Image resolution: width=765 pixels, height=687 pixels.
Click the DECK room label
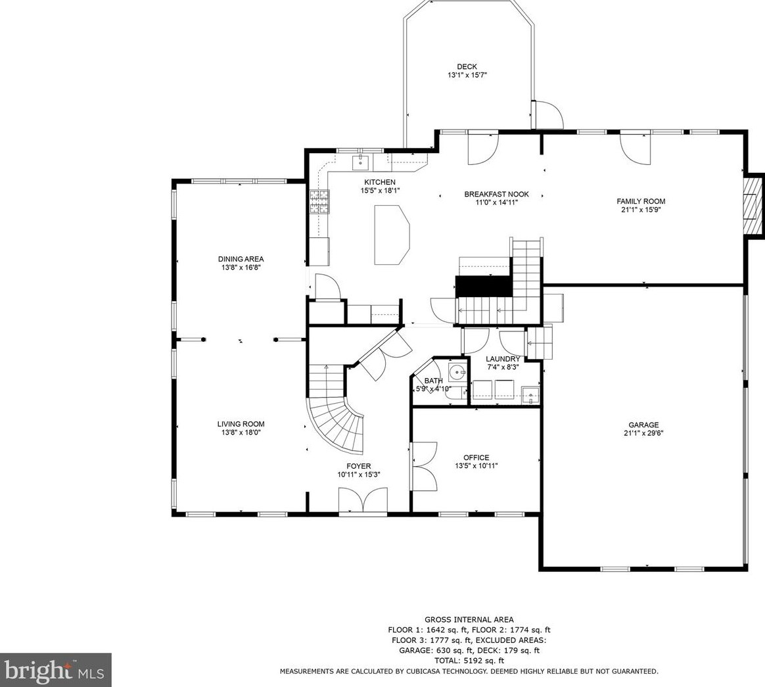pyautogui.click(x=467, y=67)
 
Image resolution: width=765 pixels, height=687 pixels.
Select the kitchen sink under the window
pyautogui.click(x=361, y=162)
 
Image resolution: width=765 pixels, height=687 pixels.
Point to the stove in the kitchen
pyautogui.click(x=319, y=202)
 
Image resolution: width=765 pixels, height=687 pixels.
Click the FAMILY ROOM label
pyautogui.click(x=641, y=201)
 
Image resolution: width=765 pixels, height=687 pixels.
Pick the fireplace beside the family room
pyautogui.click(x=752, y=205)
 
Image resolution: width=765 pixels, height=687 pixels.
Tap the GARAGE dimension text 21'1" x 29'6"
pyautogui.click(x=643, y=433)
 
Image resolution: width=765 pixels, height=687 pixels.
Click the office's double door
pyautogui.click(x=423, y=466)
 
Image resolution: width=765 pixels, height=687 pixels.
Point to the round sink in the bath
pyautogui.click(x=457, y=372)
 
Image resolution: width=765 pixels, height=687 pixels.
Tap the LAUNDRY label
pyautogui.click(x=503, y=359)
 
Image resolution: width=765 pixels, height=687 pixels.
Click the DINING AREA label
pyautogui.click(x=241, y=259)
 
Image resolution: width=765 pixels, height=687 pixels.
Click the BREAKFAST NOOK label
pyautogui.click(x=496, y=194)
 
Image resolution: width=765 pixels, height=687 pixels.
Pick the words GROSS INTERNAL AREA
pyautogui.click(x=469, y=620)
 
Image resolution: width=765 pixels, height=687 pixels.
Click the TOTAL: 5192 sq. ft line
pyautogui.click(x=469, y=661)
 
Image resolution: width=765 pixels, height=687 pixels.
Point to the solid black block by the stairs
pyautogui.click(x=484, y=286)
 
